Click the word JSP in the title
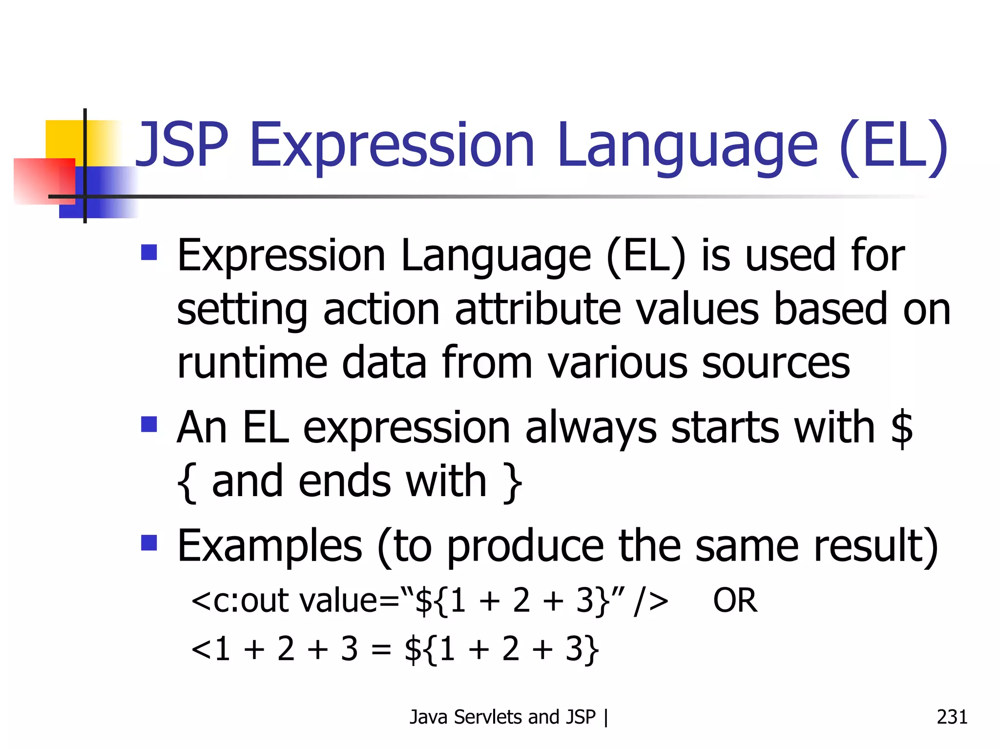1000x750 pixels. point(182,145)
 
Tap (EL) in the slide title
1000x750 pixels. point(894,145)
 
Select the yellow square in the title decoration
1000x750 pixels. point(63,139)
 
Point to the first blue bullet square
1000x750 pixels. point(149,252)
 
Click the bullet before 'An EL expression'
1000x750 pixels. point(149,424)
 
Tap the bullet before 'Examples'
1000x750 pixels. point(149,542)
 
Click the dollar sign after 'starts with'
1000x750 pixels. point(901,428)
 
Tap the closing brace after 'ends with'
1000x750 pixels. point(513,482)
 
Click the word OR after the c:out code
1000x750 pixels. point(735,601)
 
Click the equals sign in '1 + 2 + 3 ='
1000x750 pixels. point(381,650)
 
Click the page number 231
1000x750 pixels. point(952,717)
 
